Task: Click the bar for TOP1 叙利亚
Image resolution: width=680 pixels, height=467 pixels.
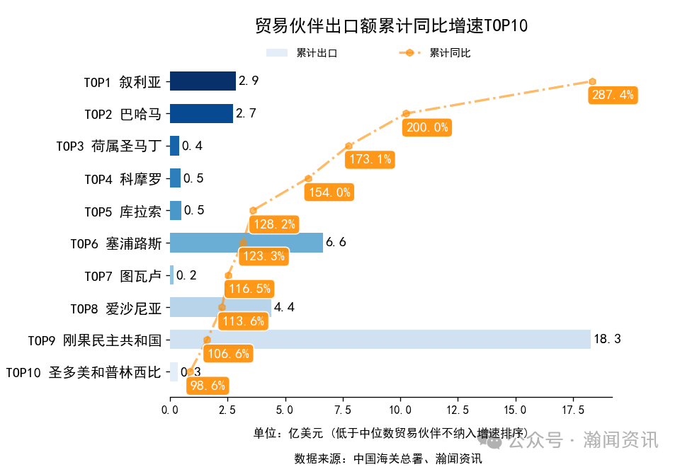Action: (203, 81)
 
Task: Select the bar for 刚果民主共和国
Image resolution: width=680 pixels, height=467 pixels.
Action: (380, 339)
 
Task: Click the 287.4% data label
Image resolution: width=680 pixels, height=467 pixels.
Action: (613, 95)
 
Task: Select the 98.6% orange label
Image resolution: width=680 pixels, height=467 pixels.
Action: (207, 386)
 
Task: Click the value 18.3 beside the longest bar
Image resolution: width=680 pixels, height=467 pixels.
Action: (607, 340)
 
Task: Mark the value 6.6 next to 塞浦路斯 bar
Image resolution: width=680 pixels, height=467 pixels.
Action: (335, 243)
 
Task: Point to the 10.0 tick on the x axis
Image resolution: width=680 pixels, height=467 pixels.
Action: (400, 410)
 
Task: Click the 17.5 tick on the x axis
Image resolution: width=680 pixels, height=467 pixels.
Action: (572, 410)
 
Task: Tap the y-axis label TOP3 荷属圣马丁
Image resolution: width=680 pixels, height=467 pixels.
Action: (109, 146)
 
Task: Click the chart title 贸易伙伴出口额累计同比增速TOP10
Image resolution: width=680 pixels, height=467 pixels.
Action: (391, 26)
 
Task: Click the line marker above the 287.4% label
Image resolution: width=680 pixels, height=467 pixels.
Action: (592, 81)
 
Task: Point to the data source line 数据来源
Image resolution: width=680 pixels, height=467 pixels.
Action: (388, 459)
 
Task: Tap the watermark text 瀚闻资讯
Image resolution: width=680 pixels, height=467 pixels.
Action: (620, 440)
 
